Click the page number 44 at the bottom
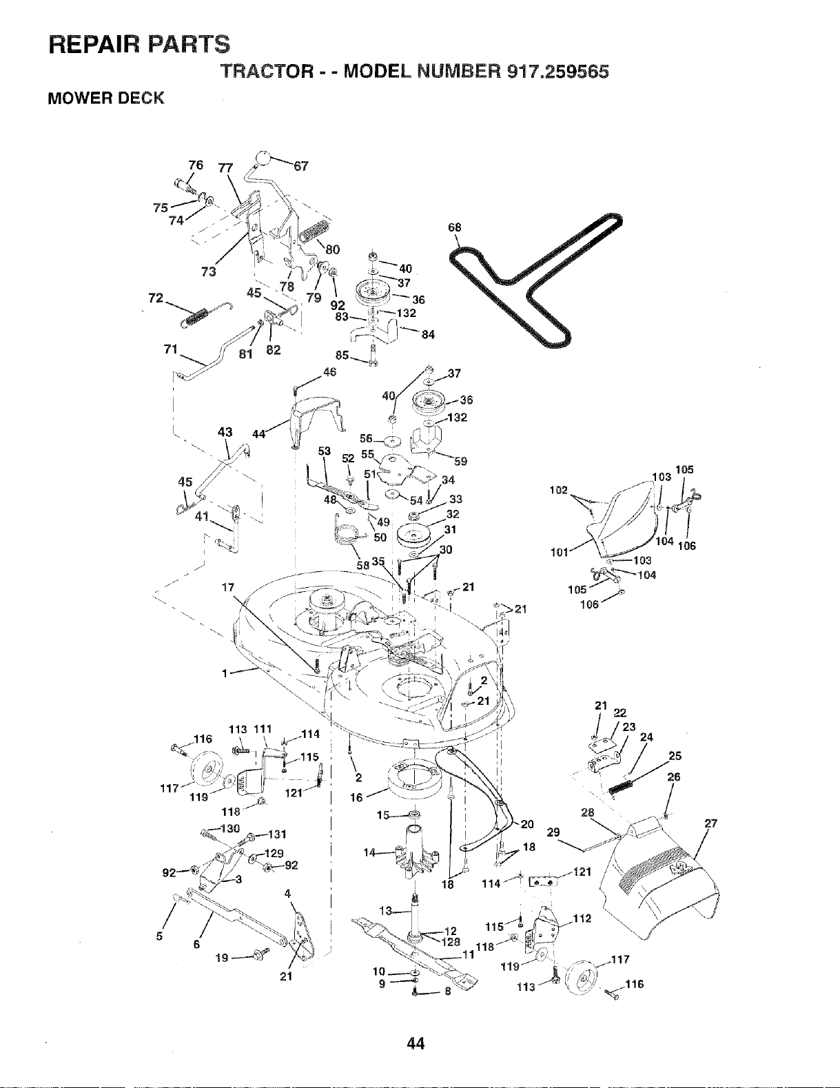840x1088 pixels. click(x=416, y=1043)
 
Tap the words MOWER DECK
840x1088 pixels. click(x=105, y=98)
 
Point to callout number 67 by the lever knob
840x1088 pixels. click(x=301, y=166)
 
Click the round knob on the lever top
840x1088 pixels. click(x=262, y=158)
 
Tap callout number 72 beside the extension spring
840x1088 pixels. click(x=156, y=298)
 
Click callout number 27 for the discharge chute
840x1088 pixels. click(x=711, y=823)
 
